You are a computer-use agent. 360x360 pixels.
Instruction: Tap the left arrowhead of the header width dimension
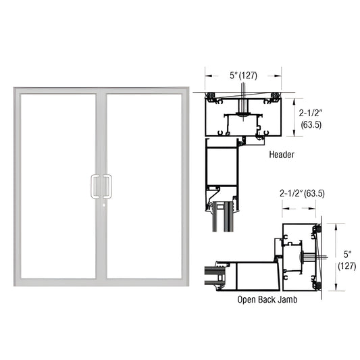(x=207, y=76)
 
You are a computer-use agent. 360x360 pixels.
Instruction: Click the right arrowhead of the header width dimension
(x=279, y=76)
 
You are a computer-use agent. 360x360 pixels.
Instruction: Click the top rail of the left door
(x=57, y=91)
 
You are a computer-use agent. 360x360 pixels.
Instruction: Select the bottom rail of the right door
(x=143, y=279)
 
